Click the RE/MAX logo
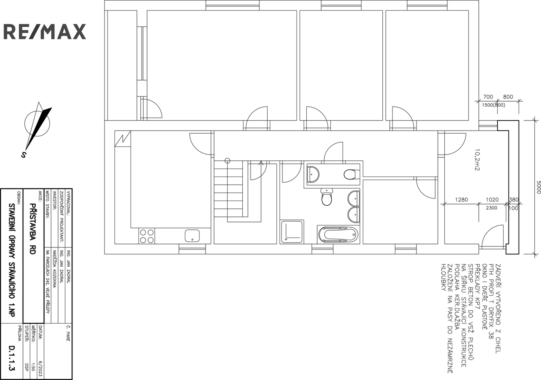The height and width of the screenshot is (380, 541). (x=45, y=32)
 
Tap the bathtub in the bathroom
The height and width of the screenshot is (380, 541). (x=338, y=234)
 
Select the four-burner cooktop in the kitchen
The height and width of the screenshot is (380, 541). (x=147, y=236)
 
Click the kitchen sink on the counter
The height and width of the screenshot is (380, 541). (x=192, y=236)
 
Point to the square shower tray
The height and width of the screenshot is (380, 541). (x=292, y=232)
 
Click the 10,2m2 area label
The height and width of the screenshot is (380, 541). (x=477, y=160)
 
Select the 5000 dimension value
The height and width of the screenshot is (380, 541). (x=538, y=187)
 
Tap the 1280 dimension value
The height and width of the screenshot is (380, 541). (x=462, y=200)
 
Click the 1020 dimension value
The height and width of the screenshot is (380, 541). (x=492, y=200)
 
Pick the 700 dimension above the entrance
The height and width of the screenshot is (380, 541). (x=488, y=97)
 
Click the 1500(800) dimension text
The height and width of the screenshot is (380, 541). (x=494, y=105)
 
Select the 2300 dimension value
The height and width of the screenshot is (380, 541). (x=491, y=208)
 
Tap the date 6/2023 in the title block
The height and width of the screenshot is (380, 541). (x=40, y=369)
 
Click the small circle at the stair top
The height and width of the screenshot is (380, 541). (x=227, y=161)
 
